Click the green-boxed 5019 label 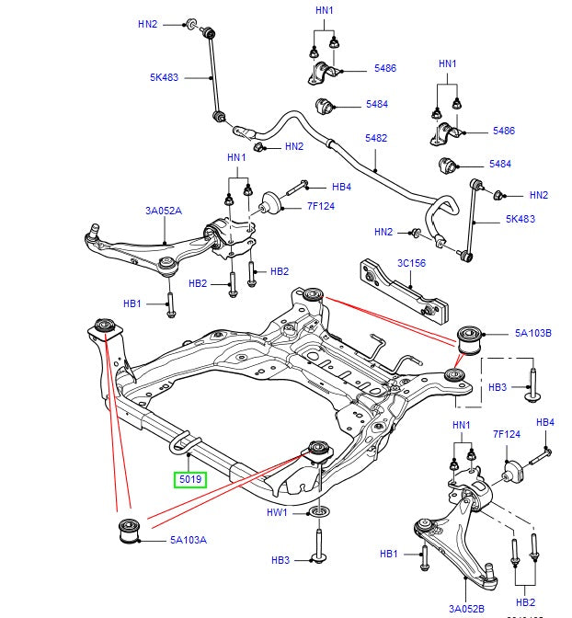[191, 479]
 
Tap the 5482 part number [376, 138]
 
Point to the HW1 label [278, 512]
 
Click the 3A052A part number [164, 211]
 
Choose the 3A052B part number [466, 608]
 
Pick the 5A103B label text [532, 334]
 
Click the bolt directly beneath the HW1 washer [318, 548]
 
